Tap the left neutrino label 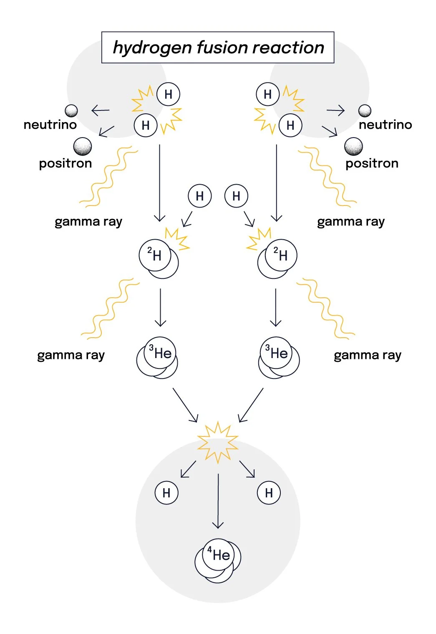[50, 125]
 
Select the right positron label [372, 163]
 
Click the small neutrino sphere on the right [365, 111]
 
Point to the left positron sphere [82, 147]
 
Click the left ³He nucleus [157, 358]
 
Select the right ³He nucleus [279, 358]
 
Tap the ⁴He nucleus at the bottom [218, 559]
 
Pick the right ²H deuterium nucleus [277, 258]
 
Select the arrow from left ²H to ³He [160, 307]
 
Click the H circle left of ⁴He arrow [166, 493]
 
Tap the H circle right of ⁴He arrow [269, 493]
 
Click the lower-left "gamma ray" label [71, 355]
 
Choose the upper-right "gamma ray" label [351, 222]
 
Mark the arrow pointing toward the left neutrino [100, 110]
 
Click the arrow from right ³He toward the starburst [251, 405]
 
